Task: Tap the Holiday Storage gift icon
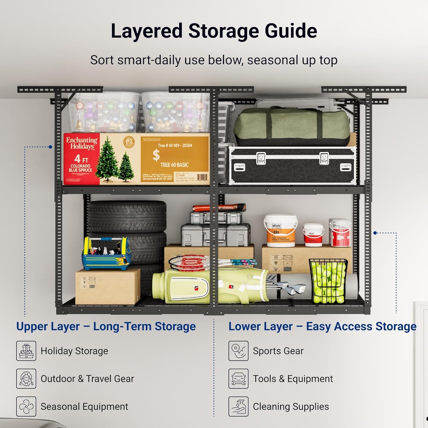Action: tap(26, 351)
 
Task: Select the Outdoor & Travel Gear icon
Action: tap(26, 379)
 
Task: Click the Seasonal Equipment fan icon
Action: tap(26, 406)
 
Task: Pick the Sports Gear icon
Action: tap(238, 351)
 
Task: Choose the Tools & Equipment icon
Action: tap(238, 379)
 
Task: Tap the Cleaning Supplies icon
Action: tap(238, 406)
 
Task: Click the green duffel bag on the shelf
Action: tap(291, 126)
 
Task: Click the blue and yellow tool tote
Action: tap(106, 254)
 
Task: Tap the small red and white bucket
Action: tap(313, 235)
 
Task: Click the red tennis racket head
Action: tap(188, 262)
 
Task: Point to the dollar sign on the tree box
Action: tap(156, 155)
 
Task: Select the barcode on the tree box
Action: tap(202, 177)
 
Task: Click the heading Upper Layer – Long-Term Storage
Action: tap(106, 326)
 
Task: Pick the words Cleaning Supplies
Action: tap(291, 407)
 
